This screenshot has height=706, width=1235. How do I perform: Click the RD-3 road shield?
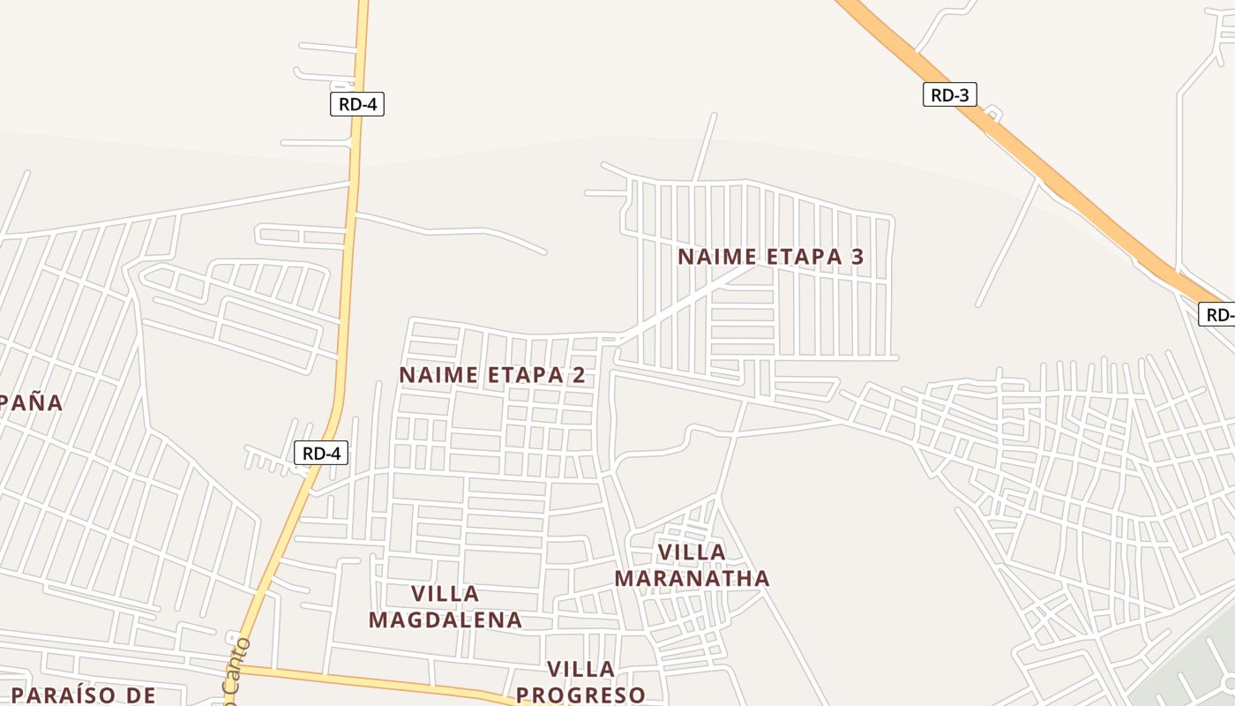coord(949,94)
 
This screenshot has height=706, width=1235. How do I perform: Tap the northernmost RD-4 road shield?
coord(357,104)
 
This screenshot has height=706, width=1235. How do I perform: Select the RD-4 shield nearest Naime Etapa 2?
coord(321,454)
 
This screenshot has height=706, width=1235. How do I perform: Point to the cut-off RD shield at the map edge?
coord(1218,314)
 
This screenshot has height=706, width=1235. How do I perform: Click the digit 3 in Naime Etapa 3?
coord(857,257)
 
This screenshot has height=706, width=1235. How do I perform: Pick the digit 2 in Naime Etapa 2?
coord(578,375)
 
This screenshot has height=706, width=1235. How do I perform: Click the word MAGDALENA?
coord(445,620)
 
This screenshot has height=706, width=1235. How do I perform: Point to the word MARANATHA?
coord(692,579)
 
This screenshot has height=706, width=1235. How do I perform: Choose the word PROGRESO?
coord(580,695)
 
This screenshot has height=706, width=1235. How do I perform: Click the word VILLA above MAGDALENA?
coord(445,593)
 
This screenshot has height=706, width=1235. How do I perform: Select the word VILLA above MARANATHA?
coord(692,552)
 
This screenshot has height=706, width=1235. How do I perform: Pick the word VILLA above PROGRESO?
coord(580,669)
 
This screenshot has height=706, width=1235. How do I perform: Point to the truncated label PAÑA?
coord(30,403)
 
